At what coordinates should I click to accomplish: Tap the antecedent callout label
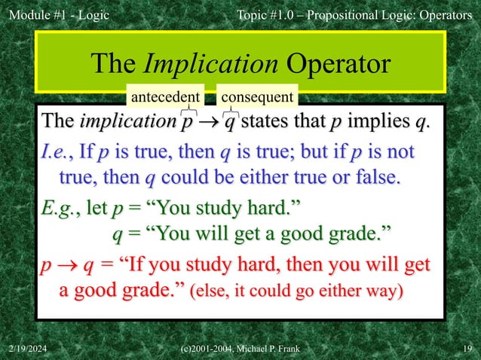click(x=164, y=97)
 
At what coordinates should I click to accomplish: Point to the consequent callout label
click(x=256, y=97)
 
